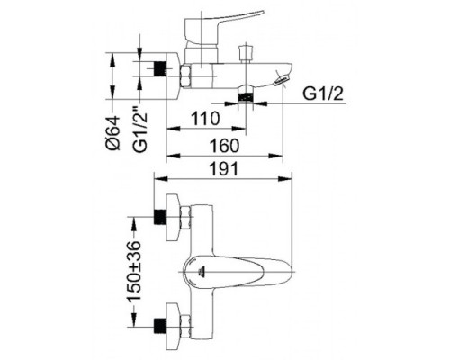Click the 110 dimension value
point(205,119)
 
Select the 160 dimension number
point(224,146)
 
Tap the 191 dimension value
point(224,168)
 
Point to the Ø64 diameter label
point(112,132)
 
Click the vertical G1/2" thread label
point(140,131)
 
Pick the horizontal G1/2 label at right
point(323,94)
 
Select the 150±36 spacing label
point(133,271)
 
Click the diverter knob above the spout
point(246,52)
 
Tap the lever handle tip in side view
point(262,13)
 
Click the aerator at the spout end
point(283,80)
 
